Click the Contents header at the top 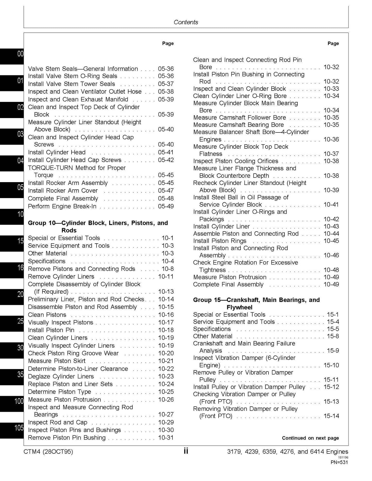[186, 22]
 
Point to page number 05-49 [166, 206]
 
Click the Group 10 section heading [98, 226]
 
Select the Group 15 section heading [256, 303]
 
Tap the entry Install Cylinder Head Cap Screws [74, 160]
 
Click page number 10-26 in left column [166, 399]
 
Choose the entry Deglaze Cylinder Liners [61, 376]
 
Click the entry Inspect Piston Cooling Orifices [236, 161]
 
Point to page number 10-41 [331, 204]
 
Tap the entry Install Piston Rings [220, 241]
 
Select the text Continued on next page [310, 438]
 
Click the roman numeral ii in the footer [186, 451]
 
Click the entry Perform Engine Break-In [62, 206]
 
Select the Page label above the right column [333, 43]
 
